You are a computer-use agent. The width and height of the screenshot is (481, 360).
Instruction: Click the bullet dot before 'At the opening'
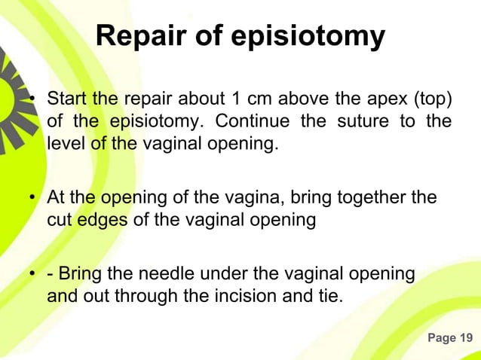click(34, 199)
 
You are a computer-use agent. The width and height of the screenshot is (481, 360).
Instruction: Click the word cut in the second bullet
click(58, 220)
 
